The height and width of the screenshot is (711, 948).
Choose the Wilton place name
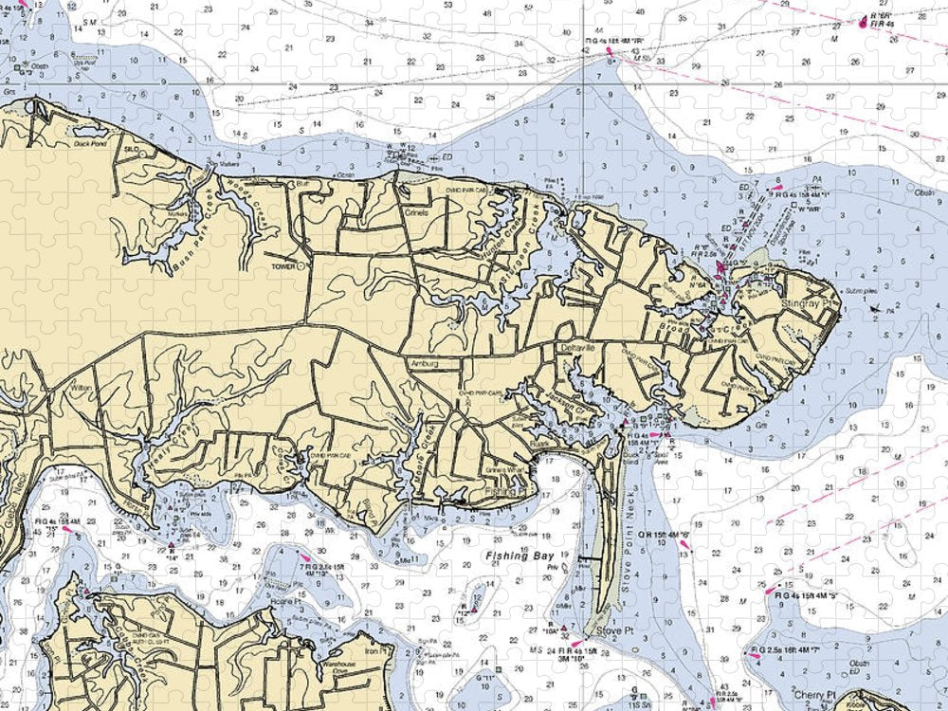click(81, 389)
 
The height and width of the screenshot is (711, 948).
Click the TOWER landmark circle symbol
click(301, 267)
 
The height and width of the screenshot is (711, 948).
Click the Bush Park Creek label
click(187, 249)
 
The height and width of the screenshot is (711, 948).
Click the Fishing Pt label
click(503, 493)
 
